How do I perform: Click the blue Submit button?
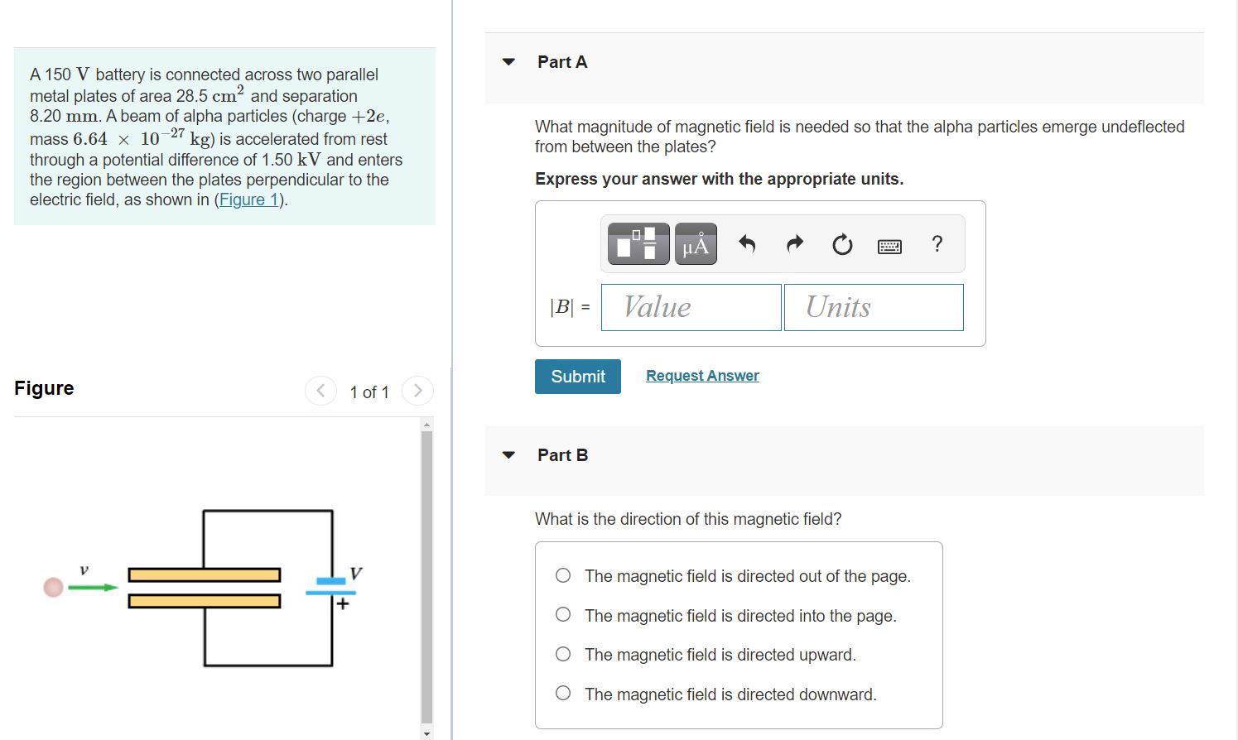click(x=577, y=376)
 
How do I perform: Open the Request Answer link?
click(x=702, y=376)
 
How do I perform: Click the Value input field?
click(x=691, y=308)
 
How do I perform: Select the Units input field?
click(x=874, y=308)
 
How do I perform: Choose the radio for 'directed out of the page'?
click(x=563, y=575)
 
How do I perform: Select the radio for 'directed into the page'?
click(x=563, y=614)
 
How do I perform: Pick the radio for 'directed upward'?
click(x=563, y=654)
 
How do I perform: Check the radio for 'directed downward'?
click(x=563, y=693)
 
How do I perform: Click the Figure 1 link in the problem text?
click(x=248, y=199)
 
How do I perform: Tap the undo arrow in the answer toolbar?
click(x=747, y=243)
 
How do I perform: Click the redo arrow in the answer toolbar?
click(x=795, y=243)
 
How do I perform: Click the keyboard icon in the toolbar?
click(x=889, y=246)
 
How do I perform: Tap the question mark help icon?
click(x=937, y=243)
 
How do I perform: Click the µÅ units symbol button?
click(x=696, y=243)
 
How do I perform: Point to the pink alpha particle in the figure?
click(x=54, y=587)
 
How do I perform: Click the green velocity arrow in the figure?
click(x=94, y=587)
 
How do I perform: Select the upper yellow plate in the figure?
click(x=205, y=575)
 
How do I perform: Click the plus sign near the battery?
click(x=343, y=603)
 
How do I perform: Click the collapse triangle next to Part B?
click(x=508, y=455)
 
